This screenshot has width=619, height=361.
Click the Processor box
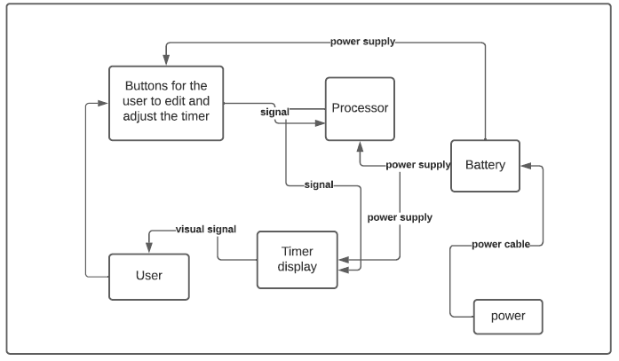(360, 108)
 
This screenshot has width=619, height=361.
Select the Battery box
(485, 165)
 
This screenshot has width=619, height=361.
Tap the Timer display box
(297, 259)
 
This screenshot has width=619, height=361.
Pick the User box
(148, 276)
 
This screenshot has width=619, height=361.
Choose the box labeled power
(507, 317)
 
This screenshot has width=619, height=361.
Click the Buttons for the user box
(165, 103)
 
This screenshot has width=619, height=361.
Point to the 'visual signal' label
(205, 229)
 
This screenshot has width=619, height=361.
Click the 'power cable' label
(501, 244)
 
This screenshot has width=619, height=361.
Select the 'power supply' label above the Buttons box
(362, 41)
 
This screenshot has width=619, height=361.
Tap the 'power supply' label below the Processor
(417, 165)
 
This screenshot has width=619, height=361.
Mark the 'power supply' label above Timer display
(400, 216)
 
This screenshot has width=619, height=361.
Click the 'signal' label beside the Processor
(274, 113)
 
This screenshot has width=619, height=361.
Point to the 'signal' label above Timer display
(318, 184)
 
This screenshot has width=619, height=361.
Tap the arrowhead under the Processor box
(360, 146)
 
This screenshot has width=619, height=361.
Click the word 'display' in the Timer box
(297, 267)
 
